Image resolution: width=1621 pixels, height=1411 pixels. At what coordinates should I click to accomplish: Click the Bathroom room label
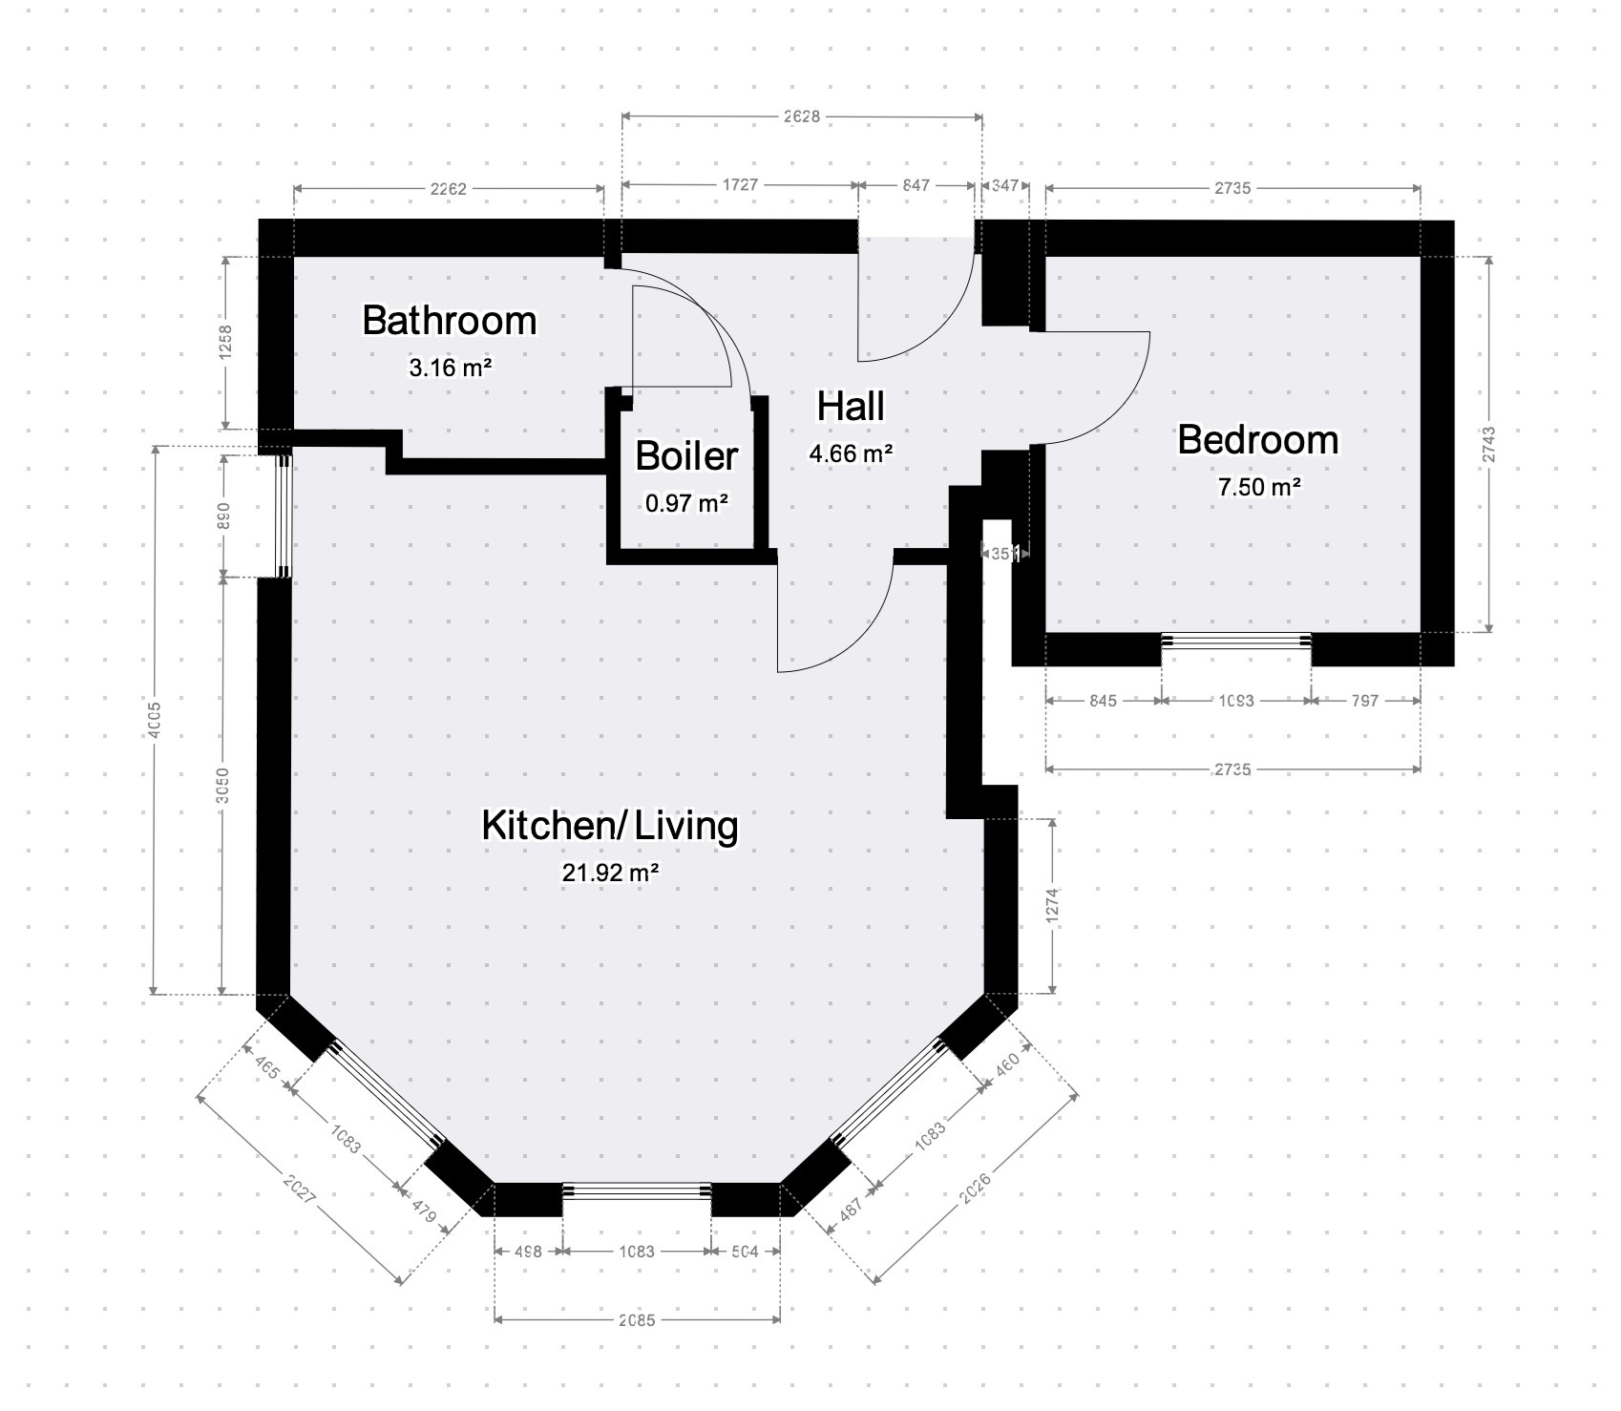(x=449, y=321)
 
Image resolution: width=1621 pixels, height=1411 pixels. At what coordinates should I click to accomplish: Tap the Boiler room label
(x=686, y=456)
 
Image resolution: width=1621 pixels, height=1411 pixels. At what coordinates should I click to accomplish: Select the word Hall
(x=850, y=407)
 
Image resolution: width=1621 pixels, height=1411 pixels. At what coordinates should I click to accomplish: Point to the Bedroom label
(x=1257, y=440)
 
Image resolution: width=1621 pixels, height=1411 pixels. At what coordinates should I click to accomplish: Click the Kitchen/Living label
(x=609, y=826)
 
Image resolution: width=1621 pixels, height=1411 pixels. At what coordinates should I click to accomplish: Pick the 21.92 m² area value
(x=611, y=872)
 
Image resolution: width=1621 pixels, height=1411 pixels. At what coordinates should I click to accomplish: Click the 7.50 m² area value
(x=1258, y=487)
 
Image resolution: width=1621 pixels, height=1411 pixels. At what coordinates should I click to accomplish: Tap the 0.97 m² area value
(x=686, y=502)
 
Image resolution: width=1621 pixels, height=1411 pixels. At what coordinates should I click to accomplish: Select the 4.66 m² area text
(x=851, y=453)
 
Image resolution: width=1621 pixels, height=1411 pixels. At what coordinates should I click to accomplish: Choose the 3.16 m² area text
(x=450, y=367)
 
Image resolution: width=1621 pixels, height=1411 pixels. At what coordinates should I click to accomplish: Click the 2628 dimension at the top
(x=801, y=116)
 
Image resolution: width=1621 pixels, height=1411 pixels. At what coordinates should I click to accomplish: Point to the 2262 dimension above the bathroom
(x=448, y=188)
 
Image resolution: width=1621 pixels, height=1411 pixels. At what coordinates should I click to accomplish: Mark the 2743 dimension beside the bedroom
(x=1490, y=445)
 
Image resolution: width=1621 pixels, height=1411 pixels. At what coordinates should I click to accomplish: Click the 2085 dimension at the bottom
(x=637, y=1321)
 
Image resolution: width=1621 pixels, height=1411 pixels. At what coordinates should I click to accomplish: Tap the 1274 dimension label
(x=1053, y=905)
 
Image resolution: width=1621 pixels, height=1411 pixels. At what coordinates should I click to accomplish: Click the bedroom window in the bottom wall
(x=1235, y=642)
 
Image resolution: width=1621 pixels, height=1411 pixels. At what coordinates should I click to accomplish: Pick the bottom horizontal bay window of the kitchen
(x=637, y=1190)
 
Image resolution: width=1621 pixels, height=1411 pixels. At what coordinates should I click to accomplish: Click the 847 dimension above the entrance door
(x=916, y=185)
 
